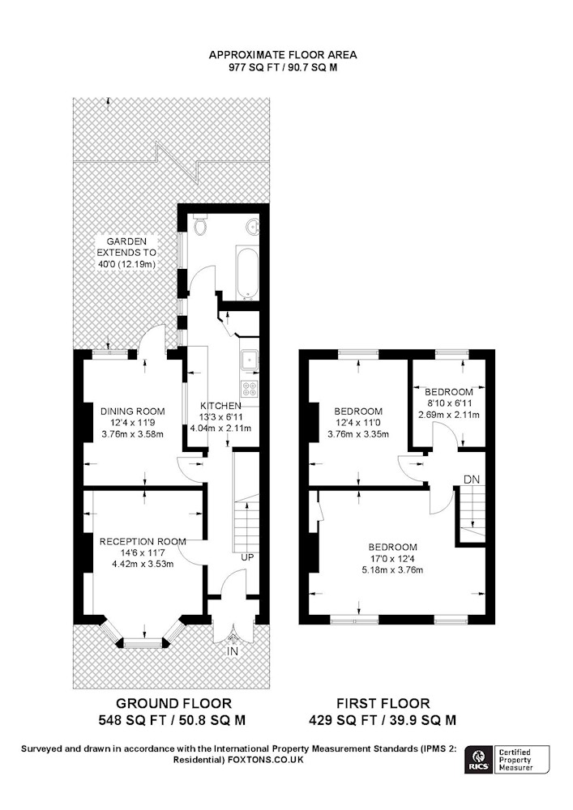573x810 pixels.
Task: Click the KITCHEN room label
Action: pyautogui.click(x=221, y=405)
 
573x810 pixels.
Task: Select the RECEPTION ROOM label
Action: pyautogui.click(x=143, y=541)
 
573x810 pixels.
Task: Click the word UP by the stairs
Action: pyautogui.click(x=247, y=557)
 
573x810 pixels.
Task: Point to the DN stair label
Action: pyautogui.click(x=472, y=480)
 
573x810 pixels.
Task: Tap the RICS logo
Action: pyautogui.click(x=477, y=762)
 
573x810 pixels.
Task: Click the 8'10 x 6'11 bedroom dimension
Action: pyautogui.click(x=448, y=403)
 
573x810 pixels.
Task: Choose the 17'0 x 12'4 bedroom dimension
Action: pyautogui.click(x=393, y=558)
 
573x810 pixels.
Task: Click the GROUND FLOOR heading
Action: pyautogui.click(x=173, y=703)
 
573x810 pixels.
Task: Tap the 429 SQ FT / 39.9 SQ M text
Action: pyautogui.click(x=383, y=719)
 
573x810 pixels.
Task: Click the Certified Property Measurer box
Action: pyautogui.click(x=520, y=762)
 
